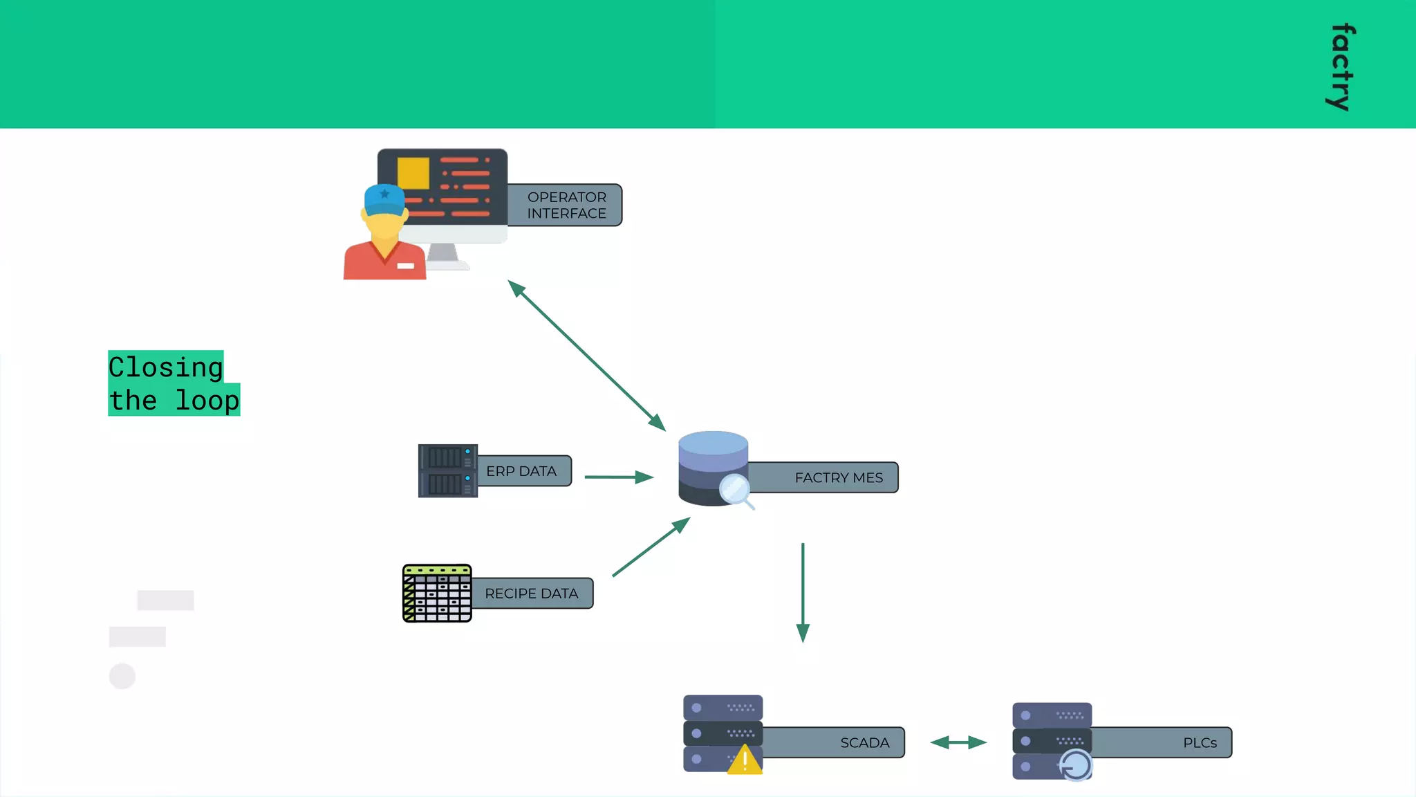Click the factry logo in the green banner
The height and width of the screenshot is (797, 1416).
point(1341,67)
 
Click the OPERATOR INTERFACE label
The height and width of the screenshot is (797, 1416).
point(566,205)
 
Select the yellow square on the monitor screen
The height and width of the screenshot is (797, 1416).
point(413,173)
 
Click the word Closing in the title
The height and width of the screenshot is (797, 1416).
point(166,367)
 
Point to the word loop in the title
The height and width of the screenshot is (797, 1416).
point(207,401)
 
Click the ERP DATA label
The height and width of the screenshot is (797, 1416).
point(521,471)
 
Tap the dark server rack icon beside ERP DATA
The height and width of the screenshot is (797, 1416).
point(447,471)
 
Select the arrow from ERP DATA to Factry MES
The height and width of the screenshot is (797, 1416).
point(618,477)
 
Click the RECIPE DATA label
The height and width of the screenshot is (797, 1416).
point(531,594)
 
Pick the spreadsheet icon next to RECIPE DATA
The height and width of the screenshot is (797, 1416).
point(437,594)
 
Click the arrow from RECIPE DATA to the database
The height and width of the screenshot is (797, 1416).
point(651,547)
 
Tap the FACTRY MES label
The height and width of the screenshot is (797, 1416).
point(838,478)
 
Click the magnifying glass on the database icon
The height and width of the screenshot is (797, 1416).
point(734,490)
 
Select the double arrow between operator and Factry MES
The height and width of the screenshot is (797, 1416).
point(586,356)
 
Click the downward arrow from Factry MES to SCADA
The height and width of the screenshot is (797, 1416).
point(803,592)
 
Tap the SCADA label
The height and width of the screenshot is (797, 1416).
point(864,743)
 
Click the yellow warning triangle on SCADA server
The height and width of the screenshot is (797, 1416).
point(745,760)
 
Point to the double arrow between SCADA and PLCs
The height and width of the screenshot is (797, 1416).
point(958,743)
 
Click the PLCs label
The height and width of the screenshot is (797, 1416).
point(1199,743)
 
